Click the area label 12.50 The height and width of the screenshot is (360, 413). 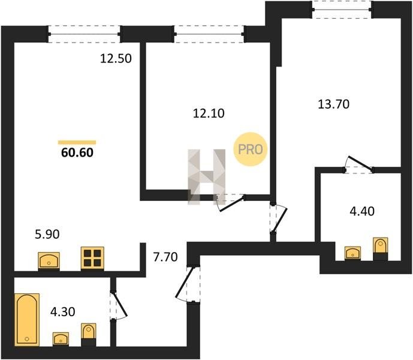116,59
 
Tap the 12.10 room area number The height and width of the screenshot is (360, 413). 209,113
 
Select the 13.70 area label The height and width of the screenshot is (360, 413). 334,104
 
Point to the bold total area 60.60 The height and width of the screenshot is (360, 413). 77,153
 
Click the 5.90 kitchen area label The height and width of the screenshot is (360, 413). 47,234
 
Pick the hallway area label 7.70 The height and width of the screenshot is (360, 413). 165,257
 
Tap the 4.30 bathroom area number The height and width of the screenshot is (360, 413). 63,312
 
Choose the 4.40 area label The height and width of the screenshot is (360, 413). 362,211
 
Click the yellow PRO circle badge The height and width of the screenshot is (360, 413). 250,149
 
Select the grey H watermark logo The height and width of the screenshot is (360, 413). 206,177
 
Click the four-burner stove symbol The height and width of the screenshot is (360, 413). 92,259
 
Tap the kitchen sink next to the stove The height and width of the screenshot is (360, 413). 49,261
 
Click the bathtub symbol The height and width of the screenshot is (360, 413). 27,320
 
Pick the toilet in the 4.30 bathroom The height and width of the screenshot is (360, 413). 89,334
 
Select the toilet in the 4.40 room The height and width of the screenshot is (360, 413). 381,248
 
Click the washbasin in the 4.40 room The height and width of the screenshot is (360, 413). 352,253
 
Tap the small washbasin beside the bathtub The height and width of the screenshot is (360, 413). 61,339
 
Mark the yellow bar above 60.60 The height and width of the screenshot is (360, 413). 77,142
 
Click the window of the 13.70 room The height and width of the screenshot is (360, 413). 342,10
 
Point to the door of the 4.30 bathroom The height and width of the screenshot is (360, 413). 118,305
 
